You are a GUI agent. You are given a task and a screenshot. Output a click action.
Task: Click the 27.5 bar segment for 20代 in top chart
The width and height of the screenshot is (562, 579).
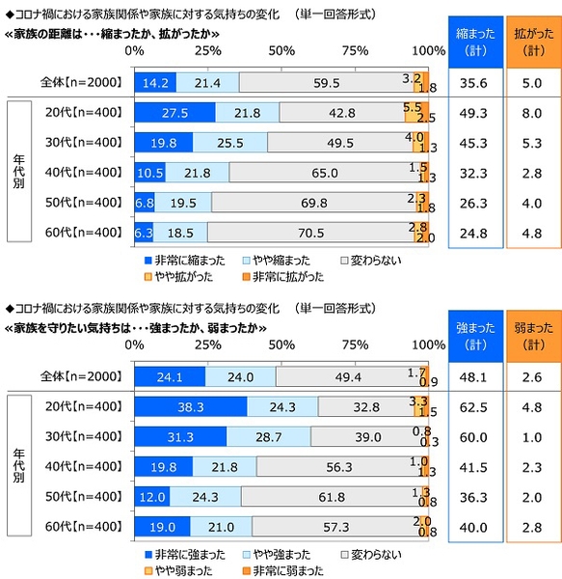[x=174, y=114]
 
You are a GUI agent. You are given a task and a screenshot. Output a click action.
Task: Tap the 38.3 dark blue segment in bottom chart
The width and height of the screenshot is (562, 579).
[x=191, y=407]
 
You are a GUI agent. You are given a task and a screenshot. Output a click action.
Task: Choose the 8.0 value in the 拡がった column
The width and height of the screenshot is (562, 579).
[x=531, y=114]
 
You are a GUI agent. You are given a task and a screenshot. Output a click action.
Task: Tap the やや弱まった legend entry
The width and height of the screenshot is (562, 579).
[x=183, y=569]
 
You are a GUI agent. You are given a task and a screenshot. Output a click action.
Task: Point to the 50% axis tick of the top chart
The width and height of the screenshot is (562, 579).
[x=281, y=50]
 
